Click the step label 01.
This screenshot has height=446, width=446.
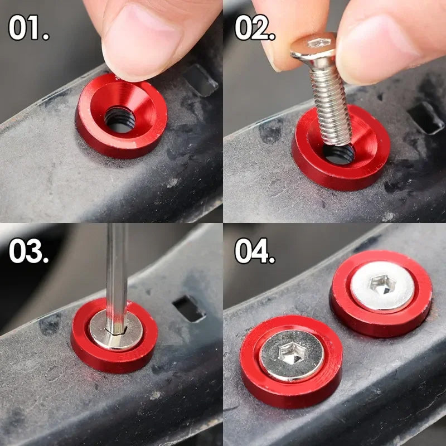tap(29, 27)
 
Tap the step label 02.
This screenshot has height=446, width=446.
tap(255, 27)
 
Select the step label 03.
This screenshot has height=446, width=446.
tap(29, 250)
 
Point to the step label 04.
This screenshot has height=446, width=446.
tap(255, 250)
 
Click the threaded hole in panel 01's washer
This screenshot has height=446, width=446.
tap(120, 119)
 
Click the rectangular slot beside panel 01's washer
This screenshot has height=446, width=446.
tap(200, 80)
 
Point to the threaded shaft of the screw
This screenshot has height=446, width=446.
tap(331, 105)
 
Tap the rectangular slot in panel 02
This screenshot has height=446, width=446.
tap(426, 118)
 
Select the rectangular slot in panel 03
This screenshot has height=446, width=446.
tap(189, 309)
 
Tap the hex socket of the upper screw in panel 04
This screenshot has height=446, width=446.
tap(382, 284)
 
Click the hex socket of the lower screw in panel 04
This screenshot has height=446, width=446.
tap(292, 353)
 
